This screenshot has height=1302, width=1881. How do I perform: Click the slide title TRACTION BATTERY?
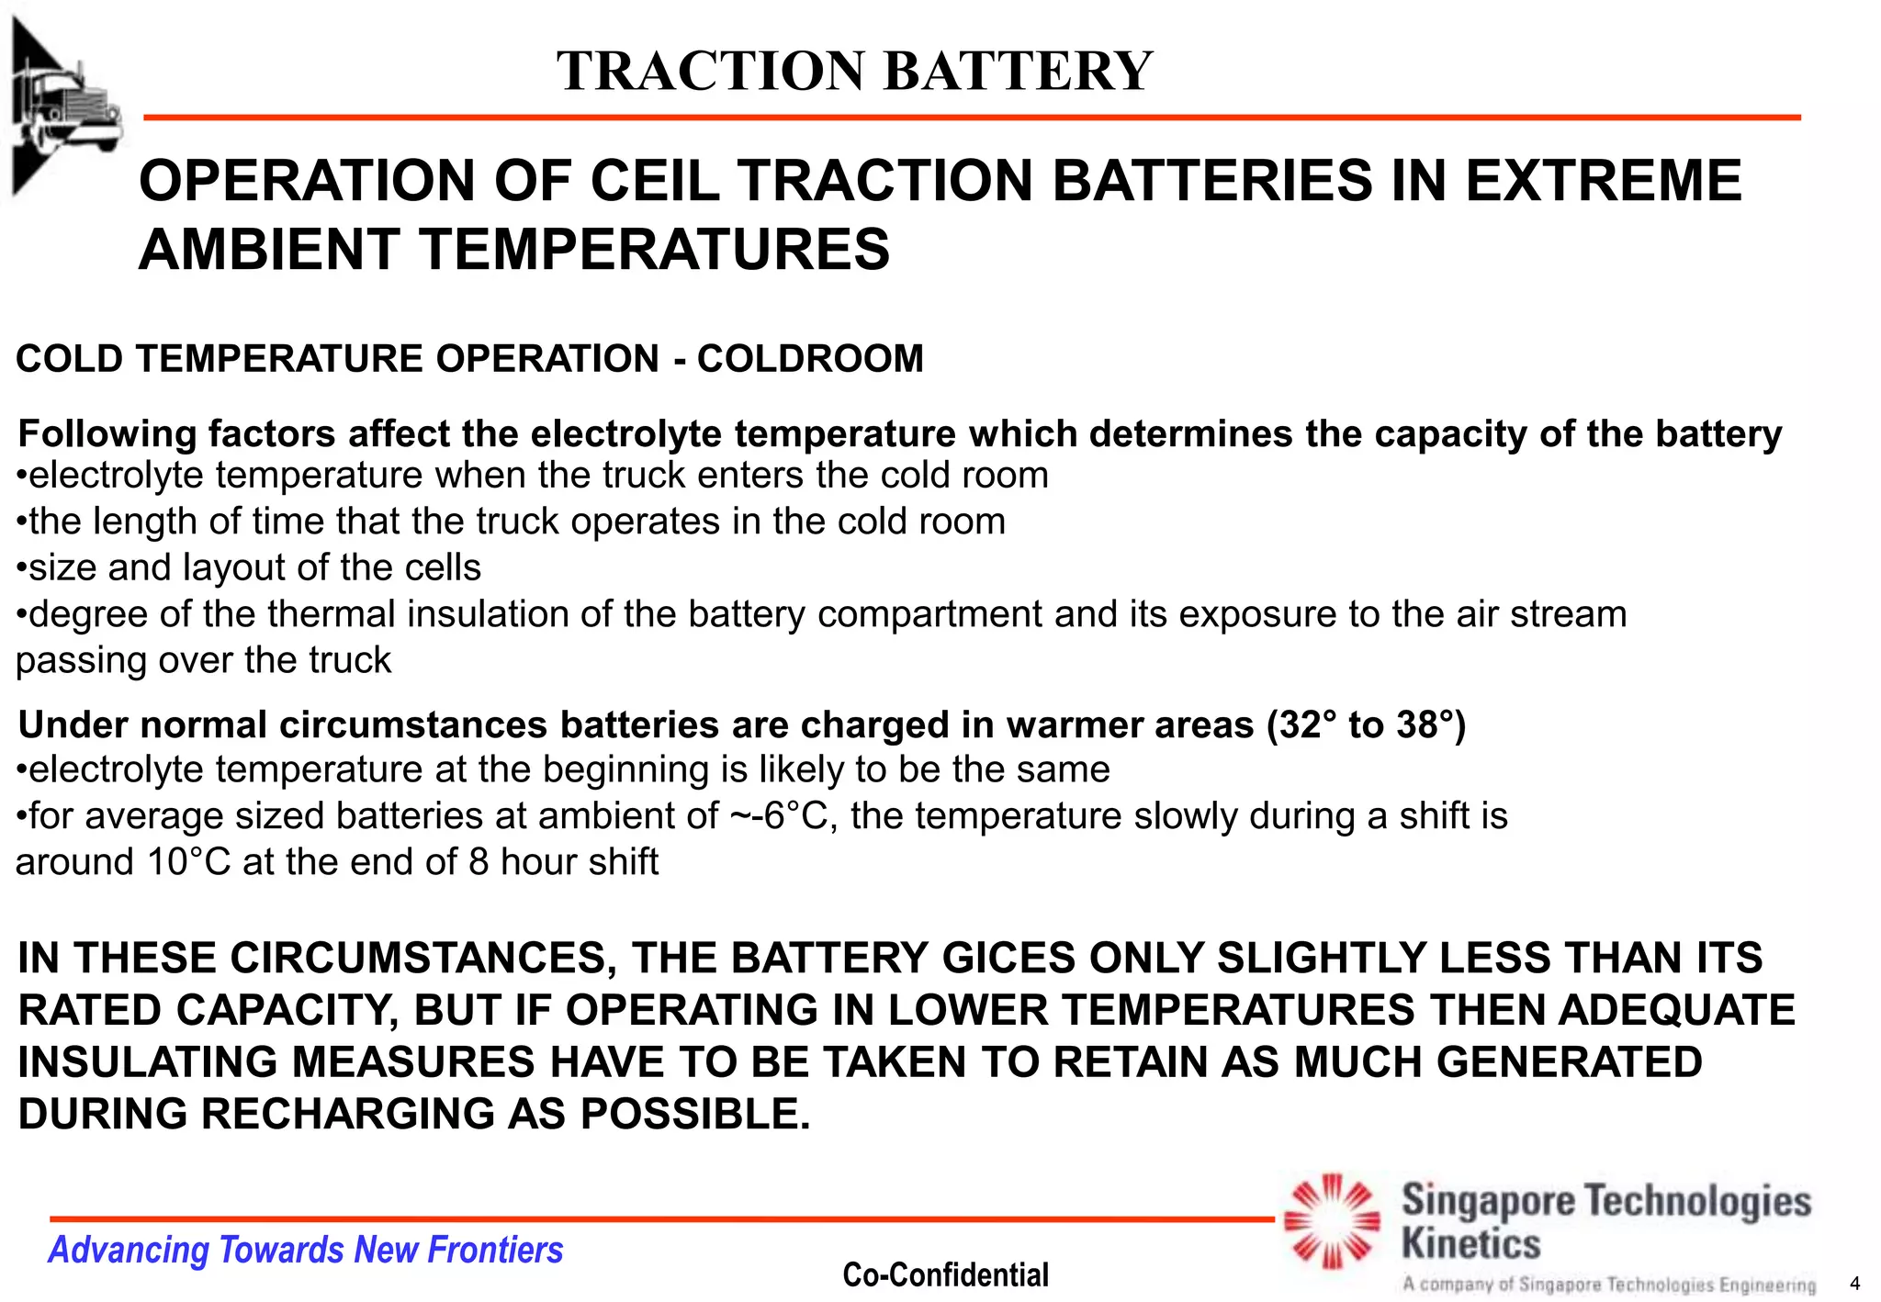pyautogui.click(x=854, y=71)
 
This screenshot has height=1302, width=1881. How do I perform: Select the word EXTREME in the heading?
pyautogui.click(x=1603, y=180)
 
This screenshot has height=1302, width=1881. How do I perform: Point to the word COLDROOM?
pyautogui.click(x=810, y=358)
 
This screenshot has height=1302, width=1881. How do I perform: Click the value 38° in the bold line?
pyautogui.click(x=1431, y=724)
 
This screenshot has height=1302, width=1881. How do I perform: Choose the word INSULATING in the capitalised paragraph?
pyautogui.click(x=147, y=1062)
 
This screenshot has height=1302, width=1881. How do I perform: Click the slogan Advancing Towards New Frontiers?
pyautogui.click(x=305, y=1250)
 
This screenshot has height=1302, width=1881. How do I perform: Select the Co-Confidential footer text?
pyautogui.click(x=945, y=1274)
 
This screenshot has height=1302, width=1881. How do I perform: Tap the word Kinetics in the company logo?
pyautogui.click(x=1470, y=1244)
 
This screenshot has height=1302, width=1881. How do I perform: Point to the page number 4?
pyautogui.click(x=1854, y=1284)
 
